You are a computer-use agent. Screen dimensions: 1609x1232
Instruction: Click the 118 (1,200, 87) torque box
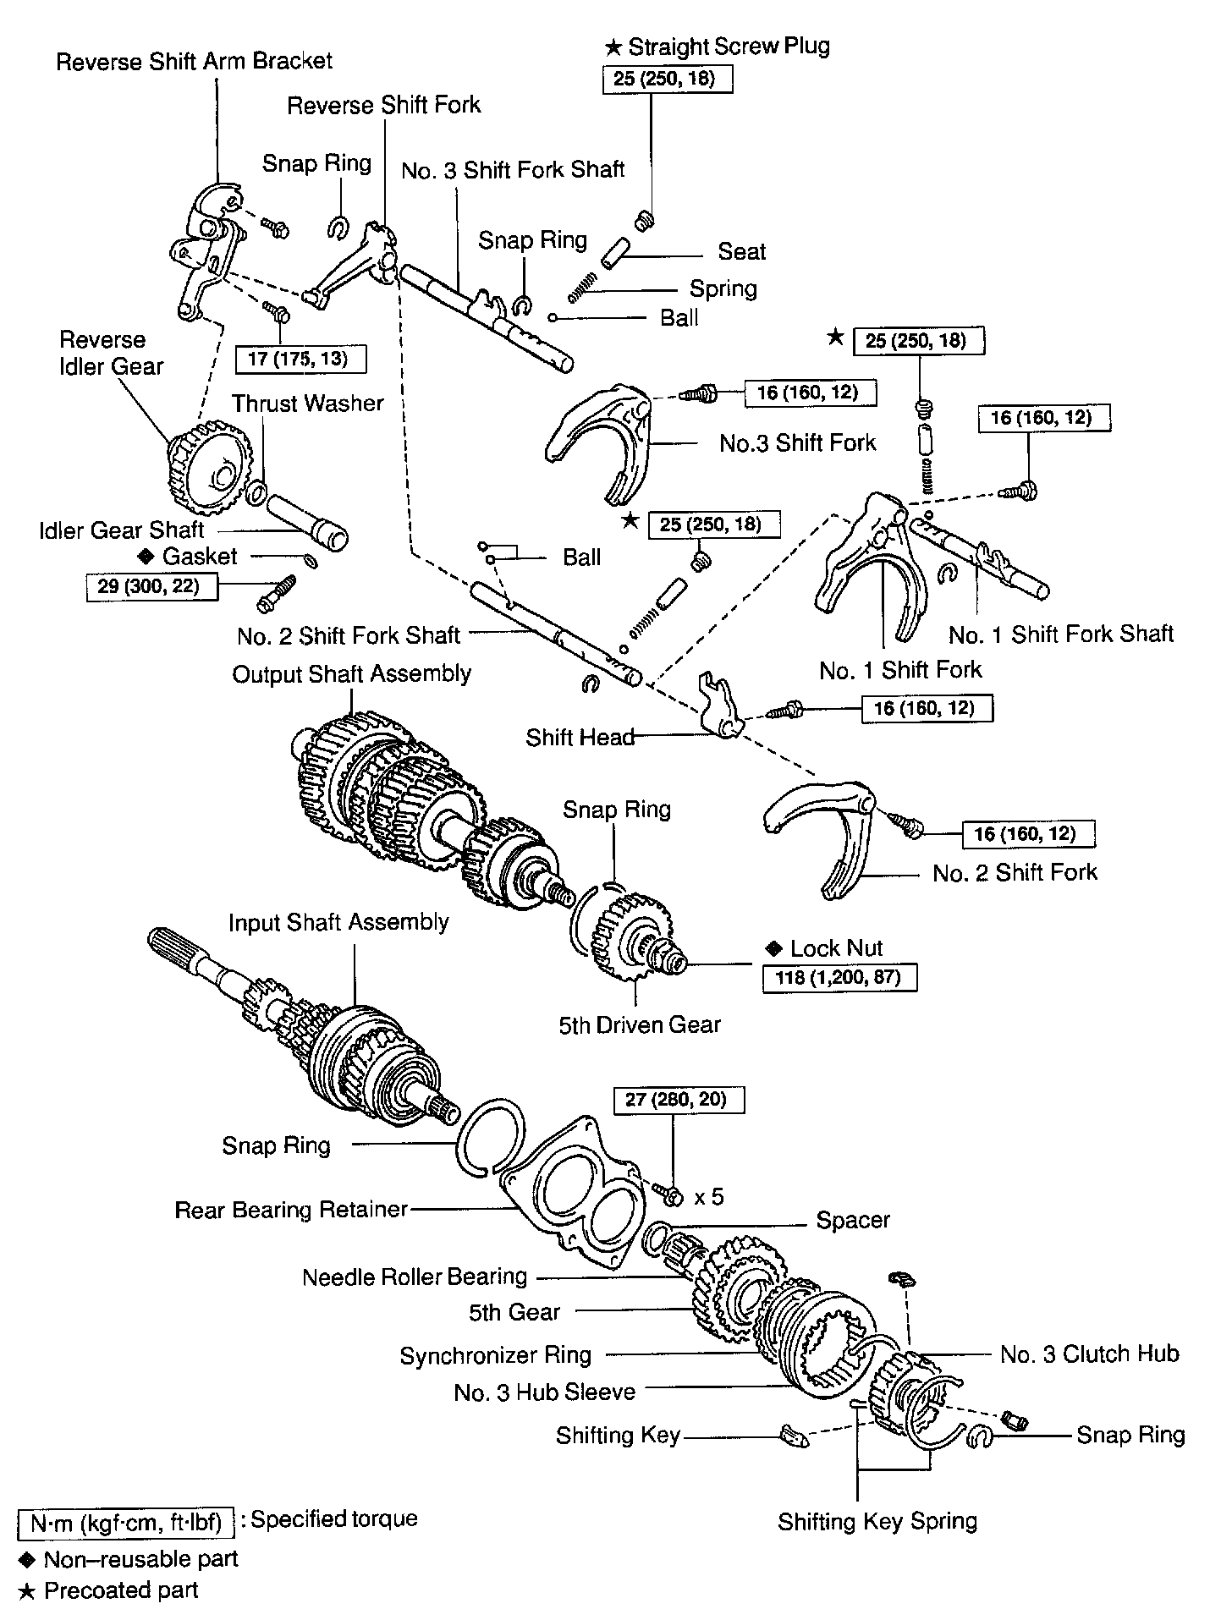(839, 978)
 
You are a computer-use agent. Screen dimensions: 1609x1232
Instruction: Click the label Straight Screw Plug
(729, 47)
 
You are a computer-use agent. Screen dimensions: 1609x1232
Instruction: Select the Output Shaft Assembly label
(351, 674)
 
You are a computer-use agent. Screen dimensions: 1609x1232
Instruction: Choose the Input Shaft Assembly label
(338, 921)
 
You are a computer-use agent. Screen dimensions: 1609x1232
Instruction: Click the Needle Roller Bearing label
(415, 1277)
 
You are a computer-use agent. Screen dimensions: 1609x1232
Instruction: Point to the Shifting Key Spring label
(877, 1521)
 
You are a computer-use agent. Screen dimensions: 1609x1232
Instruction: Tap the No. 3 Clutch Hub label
(1089, 1354)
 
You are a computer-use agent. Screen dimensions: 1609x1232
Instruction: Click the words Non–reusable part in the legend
(140, 1558)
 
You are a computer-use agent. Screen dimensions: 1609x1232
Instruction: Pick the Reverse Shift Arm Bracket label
(194, 61)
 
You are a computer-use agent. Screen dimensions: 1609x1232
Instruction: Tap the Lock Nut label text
(836, 947)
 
